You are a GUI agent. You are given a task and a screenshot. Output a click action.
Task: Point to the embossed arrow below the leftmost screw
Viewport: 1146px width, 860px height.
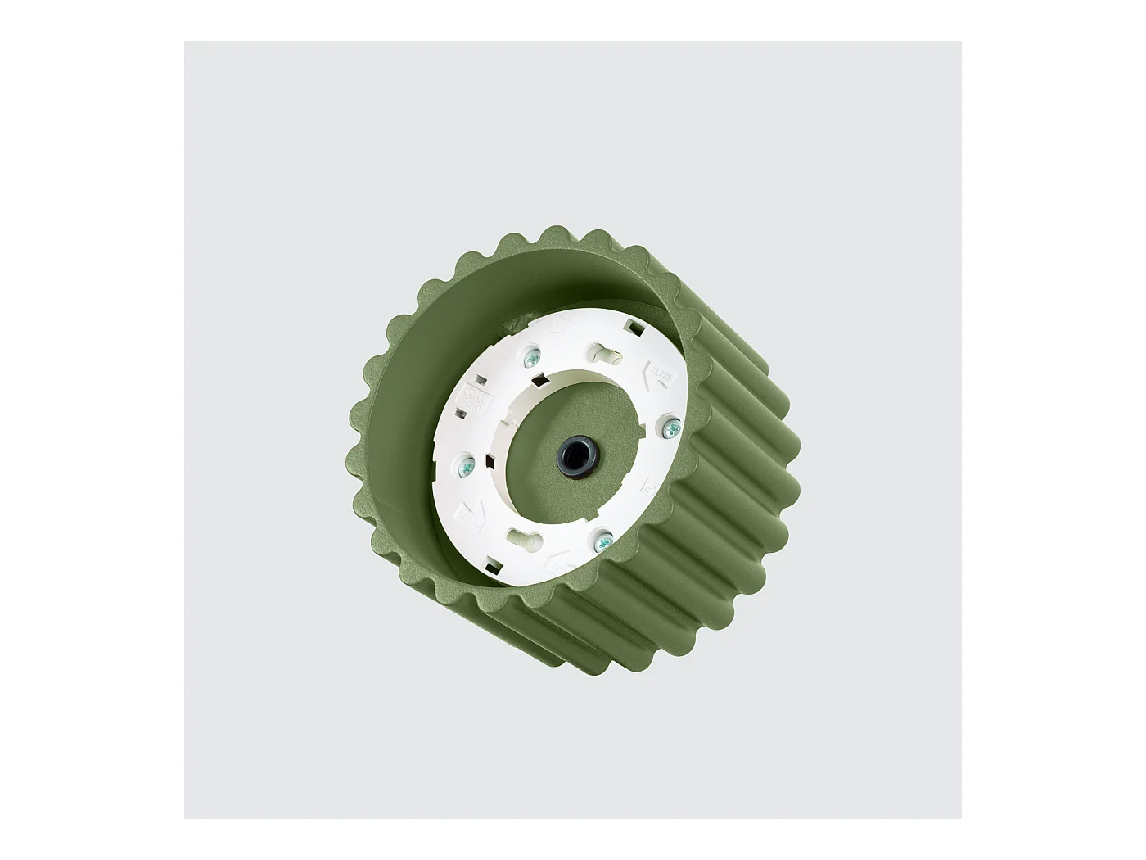[471, 514]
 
